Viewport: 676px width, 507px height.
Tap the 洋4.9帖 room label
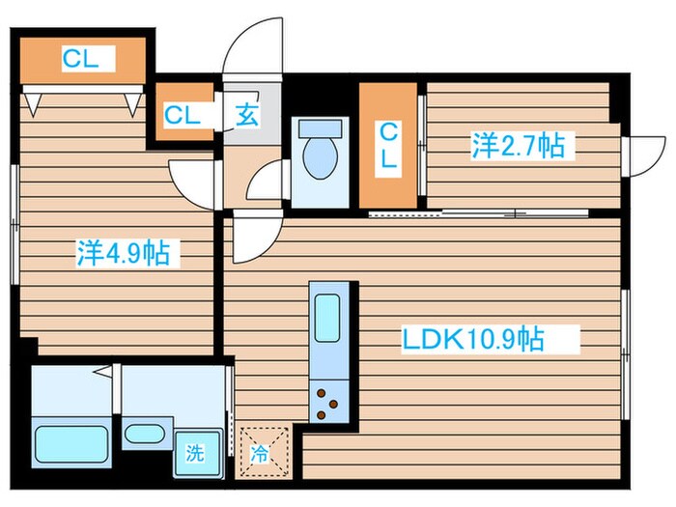[123, 253]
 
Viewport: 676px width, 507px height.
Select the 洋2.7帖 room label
[518, 146]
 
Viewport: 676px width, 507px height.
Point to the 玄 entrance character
[246, 116]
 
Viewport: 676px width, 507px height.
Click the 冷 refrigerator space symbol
[262, 452]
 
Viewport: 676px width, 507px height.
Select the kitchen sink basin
[327, 320]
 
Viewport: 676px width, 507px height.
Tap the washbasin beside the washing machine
[144, 432]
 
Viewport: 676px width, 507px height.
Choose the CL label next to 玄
[182, 116]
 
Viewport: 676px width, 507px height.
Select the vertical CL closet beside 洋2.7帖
[387, 147]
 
